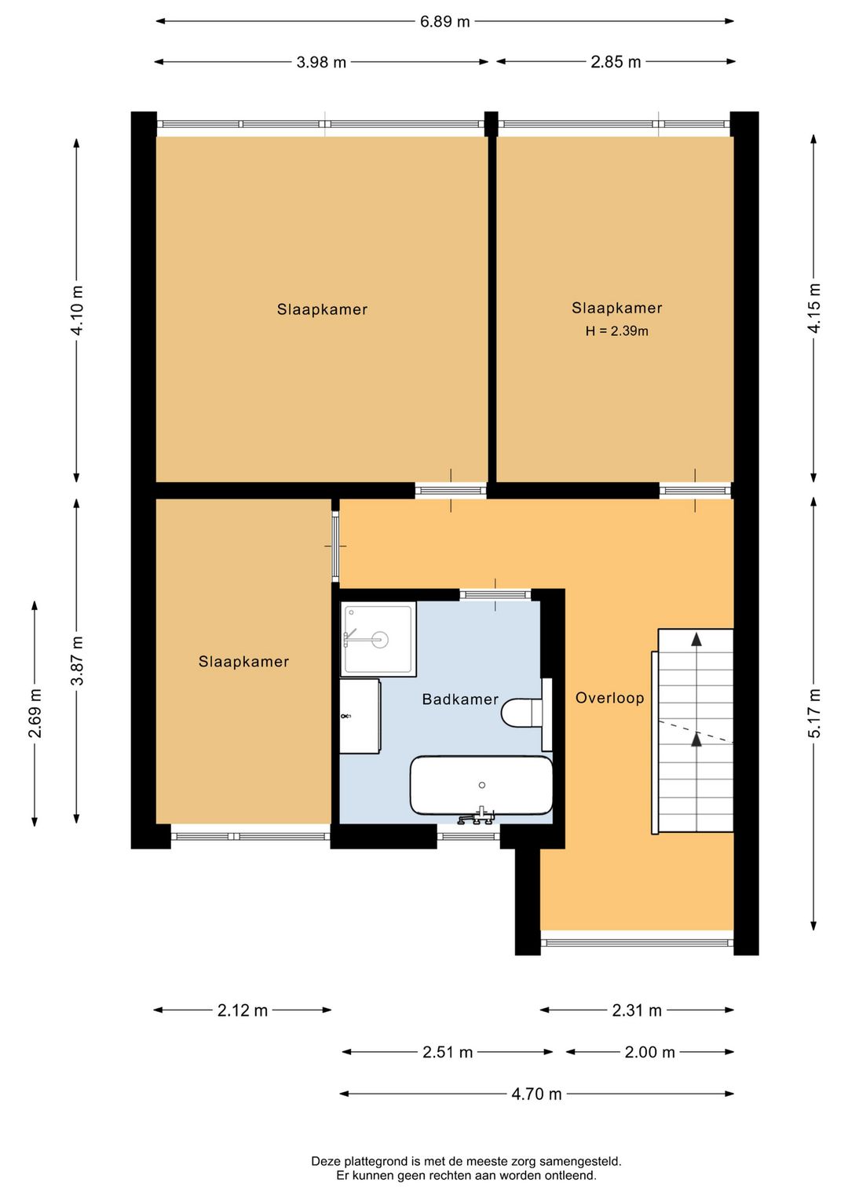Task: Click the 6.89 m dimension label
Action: point(444,22)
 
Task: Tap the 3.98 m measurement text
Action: point(321,63)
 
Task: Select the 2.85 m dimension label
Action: point(616,62)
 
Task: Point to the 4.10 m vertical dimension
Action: point(77,310)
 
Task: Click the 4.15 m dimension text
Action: point(813,308)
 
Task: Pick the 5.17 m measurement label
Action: point(813,713)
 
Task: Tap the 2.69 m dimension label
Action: point(35,713)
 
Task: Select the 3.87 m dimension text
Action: point(77,660)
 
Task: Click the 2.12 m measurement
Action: point(242,1010)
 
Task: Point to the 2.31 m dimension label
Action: point(637,1010)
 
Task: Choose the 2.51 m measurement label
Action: point(448,1052)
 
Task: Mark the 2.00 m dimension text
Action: point(649,1052)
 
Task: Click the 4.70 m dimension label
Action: point(536,1094)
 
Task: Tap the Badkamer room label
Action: point(460,699)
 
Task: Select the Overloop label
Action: point(609,698)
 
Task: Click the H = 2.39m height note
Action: point(616,331)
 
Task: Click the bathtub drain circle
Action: point(481,785)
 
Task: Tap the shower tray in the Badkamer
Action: point(378,638)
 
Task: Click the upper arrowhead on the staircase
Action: point(696,640)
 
